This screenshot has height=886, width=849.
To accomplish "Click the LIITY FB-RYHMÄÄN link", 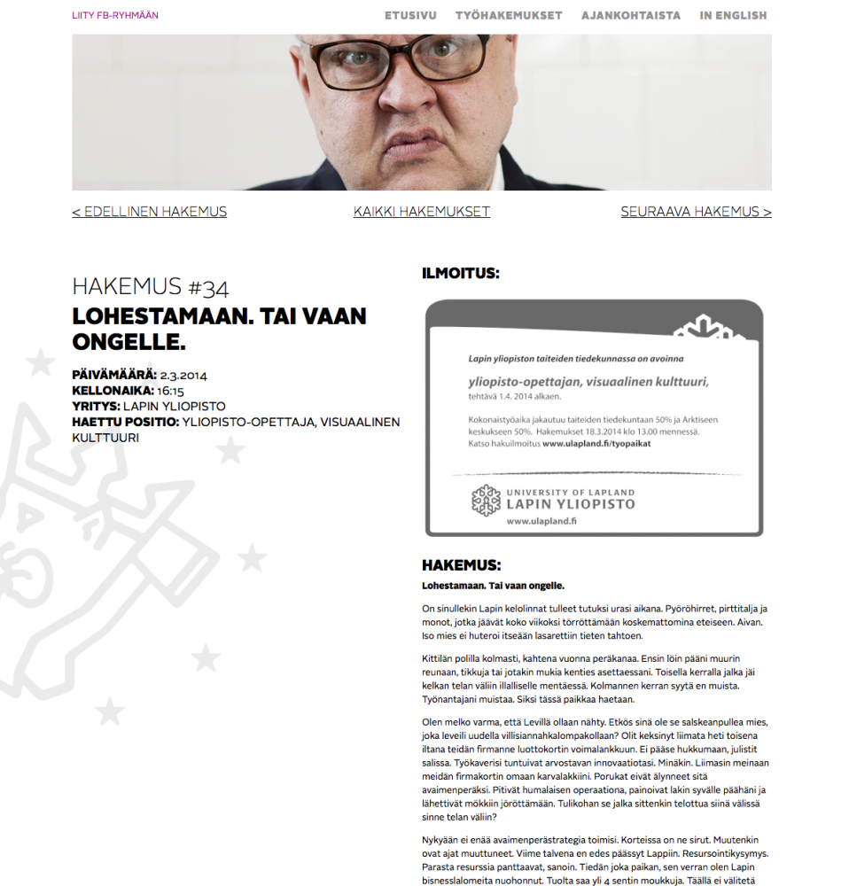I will (x=115, y=15).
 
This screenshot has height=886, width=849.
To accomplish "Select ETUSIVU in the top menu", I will (x=410, y=15).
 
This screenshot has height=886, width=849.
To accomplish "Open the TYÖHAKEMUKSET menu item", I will (x=509, y=15).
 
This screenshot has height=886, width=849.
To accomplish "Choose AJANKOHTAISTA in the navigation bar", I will (x=631, y=15).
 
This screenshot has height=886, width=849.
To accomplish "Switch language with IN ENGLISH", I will (x=733, y=15).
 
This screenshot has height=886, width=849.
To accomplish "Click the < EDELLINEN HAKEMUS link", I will (x=149, y=212).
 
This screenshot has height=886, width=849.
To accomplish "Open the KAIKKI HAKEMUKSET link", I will (x=422, y=212).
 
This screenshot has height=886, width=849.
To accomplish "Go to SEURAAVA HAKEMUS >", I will (x=696, y=212).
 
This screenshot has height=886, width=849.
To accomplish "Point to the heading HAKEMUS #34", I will (x=150, y=287).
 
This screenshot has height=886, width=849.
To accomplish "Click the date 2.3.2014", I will (x=183, y=376).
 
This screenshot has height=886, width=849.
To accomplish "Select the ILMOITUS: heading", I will (x=460, y=274).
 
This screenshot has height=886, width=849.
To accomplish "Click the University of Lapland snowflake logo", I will (x=486, y=501).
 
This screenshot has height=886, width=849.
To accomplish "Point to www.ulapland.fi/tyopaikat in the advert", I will (x=596, y=444).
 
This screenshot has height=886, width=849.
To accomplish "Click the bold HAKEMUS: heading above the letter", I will (x=461, y=565).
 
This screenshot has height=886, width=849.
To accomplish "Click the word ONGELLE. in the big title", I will (x=129, y=342).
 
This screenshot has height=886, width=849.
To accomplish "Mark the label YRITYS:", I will (x=95, y=407).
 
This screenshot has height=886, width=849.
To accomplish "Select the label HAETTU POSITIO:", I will (x=125, y=422).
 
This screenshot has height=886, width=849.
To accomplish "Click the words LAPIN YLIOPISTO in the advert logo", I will (x=570, y=504).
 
